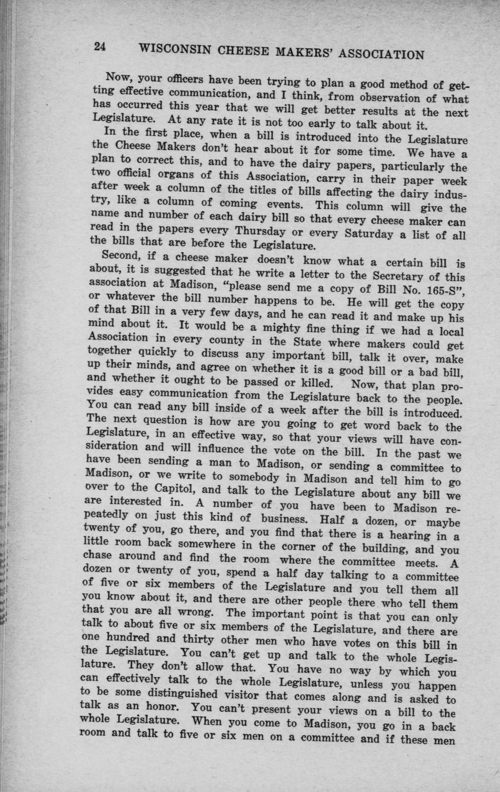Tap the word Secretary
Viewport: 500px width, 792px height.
371,273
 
